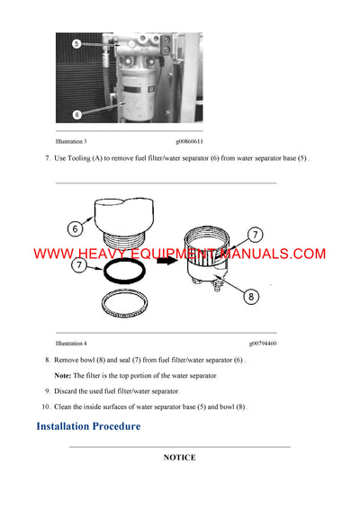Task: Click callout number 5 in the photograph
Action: click(x=76, y=43)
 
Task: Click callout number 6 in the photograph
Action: click(x=76, y=114)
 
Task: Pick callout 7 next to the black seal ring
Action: click(x=78, y=266)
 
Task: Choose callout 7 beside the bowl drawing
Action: click(x=255, y=235)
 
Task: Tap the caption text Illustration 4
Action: click(x=71, y=344)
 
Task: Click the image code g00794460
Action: click(x=263, y=344)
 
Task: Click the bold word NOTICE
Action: click(x=179, y=458)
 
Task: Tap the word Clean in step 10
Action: click(x=66, y=407)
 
